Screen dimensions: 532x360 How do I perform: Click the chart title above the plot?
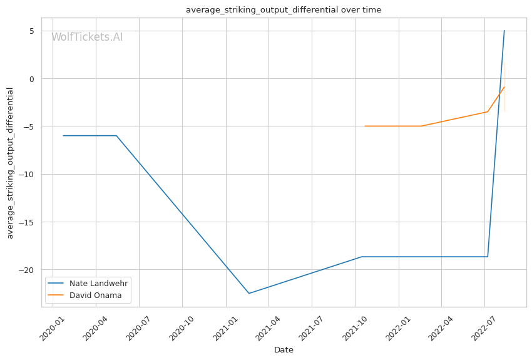(284, 10)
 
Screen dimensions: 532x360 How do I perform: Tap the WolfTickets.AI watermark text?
(87, 37)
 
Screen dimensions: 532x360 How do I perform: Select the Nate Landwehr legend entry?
(88, 284)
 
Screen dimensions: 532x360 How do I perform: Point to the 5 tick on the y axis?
(32, 31)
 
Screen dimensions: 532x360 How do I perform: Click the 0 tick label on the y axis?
(32, 79)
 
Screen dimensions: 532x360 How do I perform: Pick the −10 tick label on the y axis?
(27, 175)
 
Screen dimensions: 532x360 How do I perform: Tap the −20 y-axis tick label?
(27, 270)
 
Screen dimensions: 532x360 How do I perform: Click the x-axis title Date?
(284, 350)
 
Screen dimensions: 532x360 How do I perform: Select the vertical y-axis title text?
(10, 163)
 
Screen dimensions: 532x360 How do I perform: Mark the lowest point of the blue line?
(248, 293)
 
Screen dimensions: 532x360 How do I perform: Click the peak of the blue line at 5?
(504, 31)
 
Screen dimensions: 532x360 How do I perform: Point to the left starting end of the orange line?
(365, 126)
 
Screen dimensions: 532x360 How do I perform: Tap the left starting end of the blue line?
(63, 136)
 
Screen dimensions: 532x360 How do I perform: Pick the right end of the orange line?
(504, 87)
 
